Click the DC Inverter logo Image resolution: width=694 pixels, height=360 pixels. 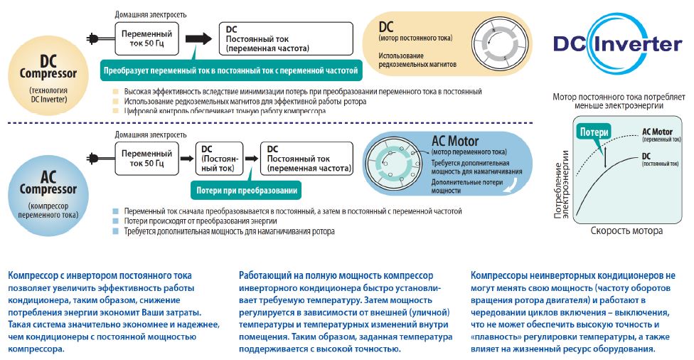617,43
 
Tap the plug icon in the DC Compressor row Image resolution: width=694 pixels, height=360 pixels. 93,39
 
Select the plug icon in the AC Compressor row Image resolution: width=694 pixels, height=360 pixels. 93,158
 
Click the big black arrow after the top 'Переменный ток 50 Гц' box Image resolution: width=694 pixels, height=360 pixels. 198,38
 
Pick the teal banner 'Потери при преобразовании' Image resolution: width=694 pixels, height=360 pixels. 247,191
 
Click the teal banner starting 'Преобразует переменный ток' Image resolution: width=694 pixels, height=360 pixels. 230,70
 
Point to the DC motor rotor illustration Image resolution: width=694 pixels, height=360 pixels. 500,43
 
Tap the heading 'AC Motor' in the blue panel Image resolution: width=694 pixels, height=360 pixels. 455,142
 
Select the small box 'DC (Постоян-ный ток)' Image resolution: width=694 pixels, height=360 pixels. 220,158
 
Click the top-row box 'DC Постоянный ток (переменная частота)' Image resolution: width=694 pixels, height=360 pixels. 286,39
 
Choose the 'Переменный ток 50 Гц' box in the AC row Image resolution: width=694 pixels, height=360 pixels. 146,158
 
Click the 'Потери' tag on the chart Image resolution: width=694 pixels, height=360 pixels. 594,132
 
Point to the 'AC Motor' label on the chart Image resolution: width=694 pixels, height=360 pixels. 657,132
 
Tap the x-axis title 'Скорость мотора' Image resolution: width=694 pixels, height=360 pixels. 626,231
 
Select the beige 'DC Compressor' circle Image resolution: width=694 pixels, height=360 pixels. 48,76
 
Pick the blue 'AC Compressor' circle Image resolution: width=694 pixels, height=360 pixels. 48,195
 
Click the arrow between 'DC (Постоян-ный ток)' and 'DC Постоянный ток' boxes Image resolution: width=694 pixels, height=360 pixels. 252,159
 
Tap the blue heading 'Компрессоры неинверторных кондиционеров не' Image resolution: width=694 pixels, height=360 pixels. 573,275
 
